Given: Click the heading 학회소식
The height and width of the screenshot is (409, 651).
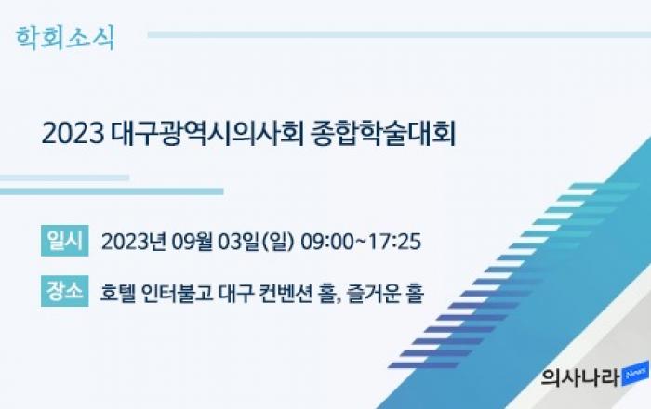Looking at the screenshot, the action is pos(65,38).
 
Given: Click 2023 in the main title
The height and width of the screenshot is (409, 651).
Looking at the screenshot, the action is pos(73,134).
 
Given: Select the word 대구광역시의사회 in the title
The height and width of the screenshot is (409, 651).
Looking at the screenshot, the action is pos(207,134).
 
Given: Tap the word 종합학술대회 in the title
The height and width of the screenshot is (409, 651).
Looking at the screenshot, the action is pos(383,134).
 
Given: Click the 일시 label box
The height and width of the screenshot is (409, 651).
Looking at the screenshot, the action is pos(65,241).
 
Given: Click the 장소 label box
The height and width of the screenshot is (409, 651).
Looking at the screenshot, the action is pos(65,291).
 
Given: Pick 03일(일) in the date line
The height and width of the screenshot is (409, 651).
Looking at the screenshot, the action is pos(256,242).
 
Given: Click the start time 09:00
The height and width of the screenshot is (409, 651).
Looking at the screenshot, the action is pos(326,242).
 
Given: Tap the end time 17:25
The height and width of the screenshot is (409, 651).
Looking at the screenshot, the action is pos(395,242).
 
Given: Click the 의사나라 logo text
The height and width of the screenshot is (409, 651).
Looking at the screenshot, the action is pos(580,377).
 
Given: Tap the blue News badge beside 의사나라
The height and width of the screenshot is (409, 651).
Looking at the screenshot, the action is pos(635,375).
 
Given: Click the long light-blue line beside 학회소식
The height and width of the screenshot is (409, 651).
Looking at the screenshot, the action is pos(399,34).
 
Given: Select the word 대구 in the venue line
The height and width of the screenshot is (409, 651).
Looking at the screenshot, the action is pos(235,293).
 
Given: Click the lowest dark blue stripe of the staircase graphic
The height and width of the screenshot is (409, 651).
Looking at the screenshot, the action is pos(424,365).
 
